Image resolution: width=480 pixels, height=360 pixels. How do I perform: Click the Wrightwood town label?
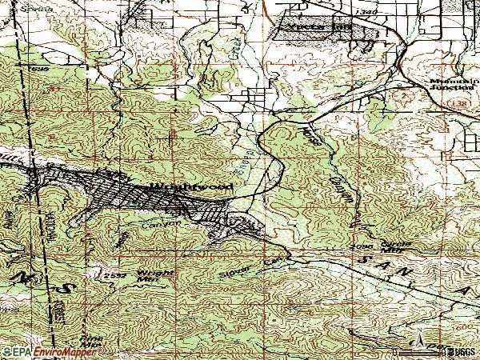point(192,186)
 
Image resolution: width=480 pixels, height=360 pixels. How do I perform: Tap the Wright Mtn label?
point(147,276)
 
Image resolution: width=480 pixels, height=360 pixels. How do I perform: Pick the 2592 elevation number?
point(114,274)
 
